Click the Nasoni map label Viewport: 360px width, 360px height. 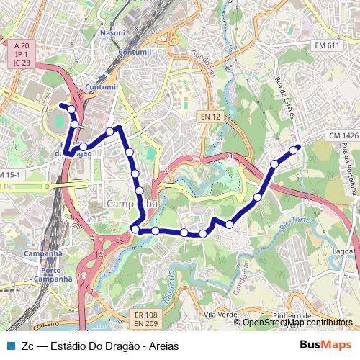[x=112, y=33]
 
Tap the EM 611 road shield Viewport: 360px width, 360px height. [x=326, y=45]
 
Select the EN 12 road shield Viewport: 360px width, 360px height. [x=210, y=116]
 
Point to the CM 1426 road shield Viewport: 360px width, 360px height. [x=343, y=135]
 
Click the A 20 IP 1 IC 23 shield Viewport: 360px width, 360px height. [x=21, y=54]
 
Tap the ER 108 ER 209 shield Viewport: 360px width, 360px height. [x=145, y=319]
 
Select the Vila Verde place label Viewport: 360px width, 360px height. [x=220, y=315]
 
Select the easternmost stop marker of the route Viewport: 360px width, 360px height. [x=294, y=150]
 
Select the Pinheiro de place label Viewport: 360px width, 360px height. [x=291, y=315]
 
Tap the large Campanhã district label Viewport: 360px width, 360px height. [x=131, y=204]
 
